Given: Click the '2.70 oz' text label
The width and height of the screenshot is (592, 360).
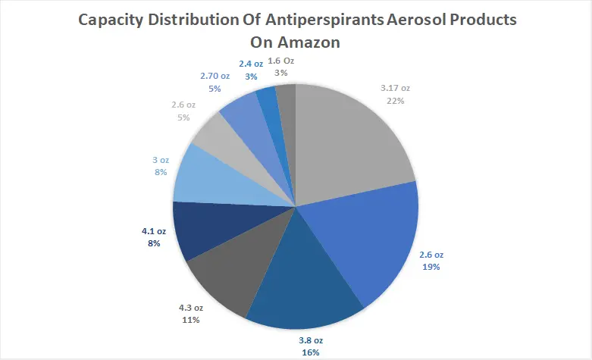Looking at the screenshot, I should [215, 77].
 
